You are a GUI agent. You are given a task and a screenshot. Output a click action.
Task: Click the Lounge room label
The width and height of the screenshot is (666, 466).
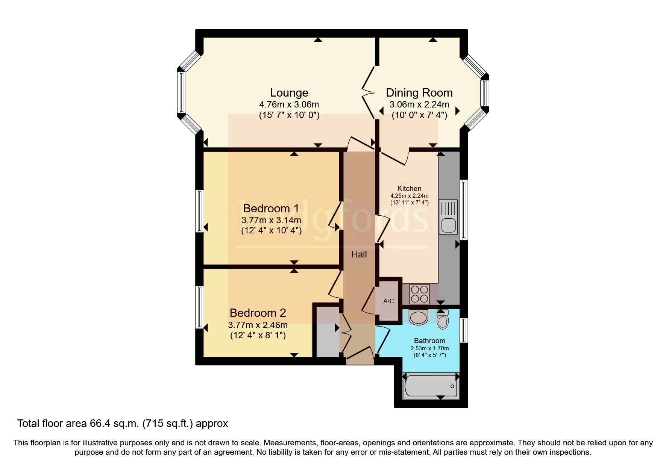(289, 93)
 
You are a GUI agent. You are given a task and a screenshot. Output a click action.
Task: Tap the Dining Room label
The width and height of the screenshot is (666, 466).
(419, 93)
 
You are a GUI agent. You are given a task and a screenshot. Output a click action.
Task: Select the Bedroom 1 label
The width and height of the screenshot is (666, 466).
(271, 208)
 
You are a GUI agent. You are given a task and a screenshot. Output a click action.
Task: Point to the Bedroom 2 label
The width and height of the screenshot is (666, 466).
(258, 313)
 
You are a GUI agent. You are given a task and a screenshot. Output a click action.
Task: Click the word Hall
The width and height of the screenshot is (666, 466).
(359, 254)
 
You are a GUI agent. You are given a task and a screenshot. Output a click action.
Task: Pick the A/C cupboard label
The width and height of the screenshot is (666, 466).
(388, 301)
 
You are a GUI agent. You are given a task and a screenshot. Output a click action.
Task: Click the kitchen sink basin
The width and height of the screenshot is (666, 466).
(449, 225)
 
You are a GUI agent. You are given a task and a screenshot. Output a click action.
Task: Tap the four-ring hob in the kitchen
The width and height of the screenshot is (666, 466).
(419, 294)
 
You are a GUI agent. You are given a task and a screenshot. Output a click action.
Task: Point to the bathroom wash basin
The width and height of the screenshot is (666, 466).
(418, 317)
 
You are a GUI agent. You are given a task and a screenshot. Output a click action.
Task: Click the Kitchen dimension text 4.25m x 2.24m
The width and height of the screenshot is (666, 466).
(409, 196)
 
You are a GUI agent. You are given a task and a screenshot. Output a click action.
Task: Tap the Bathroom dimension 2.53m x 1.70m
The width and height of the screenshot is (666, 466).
(429, 348)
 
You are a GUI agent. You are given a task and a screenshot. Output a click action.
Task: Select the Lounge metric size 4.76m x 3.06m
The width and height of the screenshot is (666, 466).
(289, 104)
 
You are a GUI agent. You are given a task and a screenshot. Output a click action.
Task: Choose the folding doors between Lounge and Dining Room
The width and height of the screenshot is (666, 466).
(369, 92)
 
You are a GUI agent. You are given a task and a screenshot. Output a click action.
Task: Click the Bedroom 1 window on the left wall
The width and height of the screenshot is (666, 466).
(200, 211)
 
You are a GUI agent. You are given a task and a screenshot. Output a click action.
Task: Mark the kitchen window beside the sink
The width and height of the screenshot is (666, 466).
(465, 209)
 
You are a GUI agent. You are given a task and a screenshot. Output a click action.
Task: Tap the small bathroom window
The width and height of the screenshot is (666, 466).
(464, 330)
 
